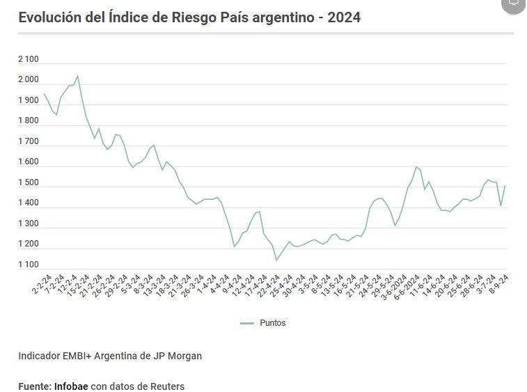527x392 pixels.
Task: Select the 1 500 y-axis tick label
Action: coord(29,182)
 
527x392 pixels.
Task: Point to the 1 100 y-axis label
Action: coord(29,265)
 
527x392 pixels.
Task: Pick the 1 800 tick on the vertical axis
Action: coord(29,121)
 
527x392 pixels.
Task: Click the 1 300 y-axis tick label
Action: coord(29,224)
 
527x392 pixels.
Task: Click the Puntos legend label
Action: coord(273,323)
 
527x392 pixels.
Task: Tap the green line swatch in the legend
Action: coord(247,323)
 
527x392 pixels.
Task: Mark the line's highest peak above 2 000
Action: coord(77,75)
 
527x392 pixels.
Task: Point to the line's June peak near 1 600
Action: coord(416,166)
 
